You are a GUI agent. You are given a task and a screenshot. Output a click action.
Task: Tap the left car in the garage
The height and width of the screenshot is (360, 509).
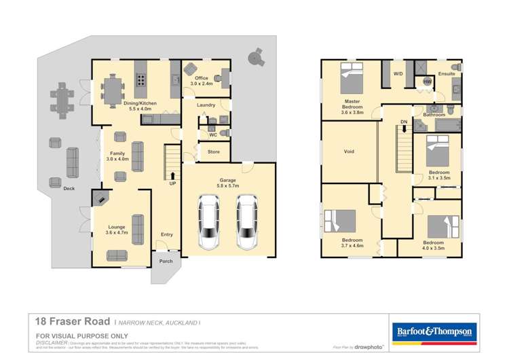click(x=208, y=222)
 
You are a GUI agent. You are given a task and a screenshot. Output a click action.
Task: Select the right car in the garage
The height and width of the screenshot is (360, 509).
click(x=247, y=222)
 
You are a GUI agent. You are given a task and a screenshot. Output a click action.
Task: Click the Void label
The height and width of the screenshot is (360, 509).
click(x=349, y=151)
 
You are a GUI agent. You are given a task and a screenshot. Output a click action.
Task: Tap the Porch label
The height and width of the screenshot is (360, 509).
click(x=166, y=261)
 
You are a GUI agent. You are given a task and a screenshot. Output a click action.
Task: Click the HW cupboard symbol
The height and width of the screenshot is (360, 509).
click(x=427, y=82)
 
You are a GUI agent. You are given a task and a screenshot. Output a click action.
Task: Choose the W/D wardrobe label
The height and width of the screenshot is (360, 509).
click(x=398, y=73)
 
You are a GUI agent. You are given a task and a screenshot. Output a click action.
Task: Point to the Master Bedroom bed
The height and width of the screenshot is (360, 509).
click(x=351, y=79)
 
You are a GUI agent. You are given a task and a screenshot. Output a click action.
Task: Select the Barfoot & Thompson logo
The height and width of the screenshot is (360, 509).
click(x=434, y=331)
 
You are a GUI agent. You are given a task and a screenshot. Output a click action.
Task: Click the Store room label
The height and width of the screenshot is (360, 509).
click(x=213, y=152)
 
